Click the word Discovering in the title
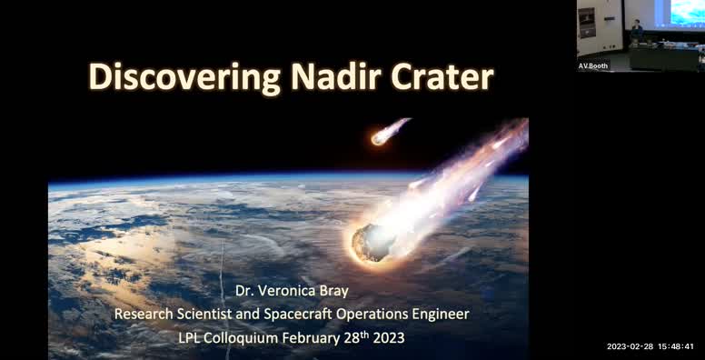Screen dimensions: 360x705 point(178,77)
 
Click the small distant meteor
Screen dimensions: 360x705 point(380,137)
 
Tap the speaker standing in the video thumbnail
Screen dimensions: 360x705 point(637,29)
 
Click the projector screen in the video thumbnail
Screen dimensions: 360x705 point(687,13)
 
